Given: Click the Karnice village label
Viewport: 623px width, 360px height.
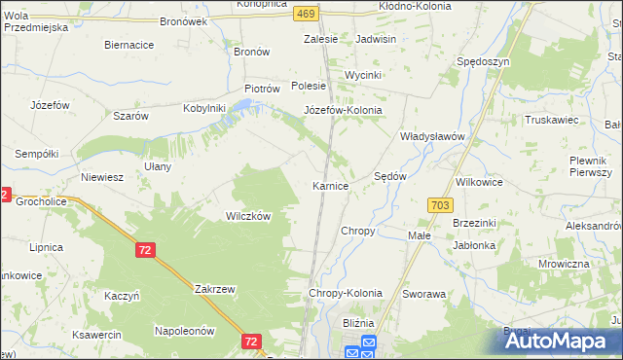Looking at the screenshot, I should tap(330, 186).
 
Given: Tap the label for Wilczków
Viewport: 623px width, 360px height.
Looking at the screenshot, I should tap(247, 216).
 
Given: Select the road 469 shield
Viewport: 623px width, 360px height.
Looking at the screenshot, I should tap(306, 13).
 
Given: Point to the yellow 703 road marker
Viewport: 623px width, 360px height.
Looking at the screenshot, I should tap(439, 204).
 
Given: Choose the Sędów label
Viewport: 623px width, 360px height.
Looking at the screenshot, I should tap(390, 176).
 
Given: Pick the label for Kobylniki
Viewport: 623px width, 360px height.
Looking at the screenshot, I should tap(204, 108).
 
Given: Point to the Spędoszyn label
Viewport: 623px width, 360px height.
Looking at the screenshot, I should tap(483, 61).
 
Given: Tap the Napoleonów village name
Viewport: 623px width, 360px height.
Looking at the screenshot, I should tap(184, 331).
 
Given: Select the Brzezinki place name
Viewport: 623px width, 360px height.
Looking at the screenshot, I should tap(476, 223).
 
